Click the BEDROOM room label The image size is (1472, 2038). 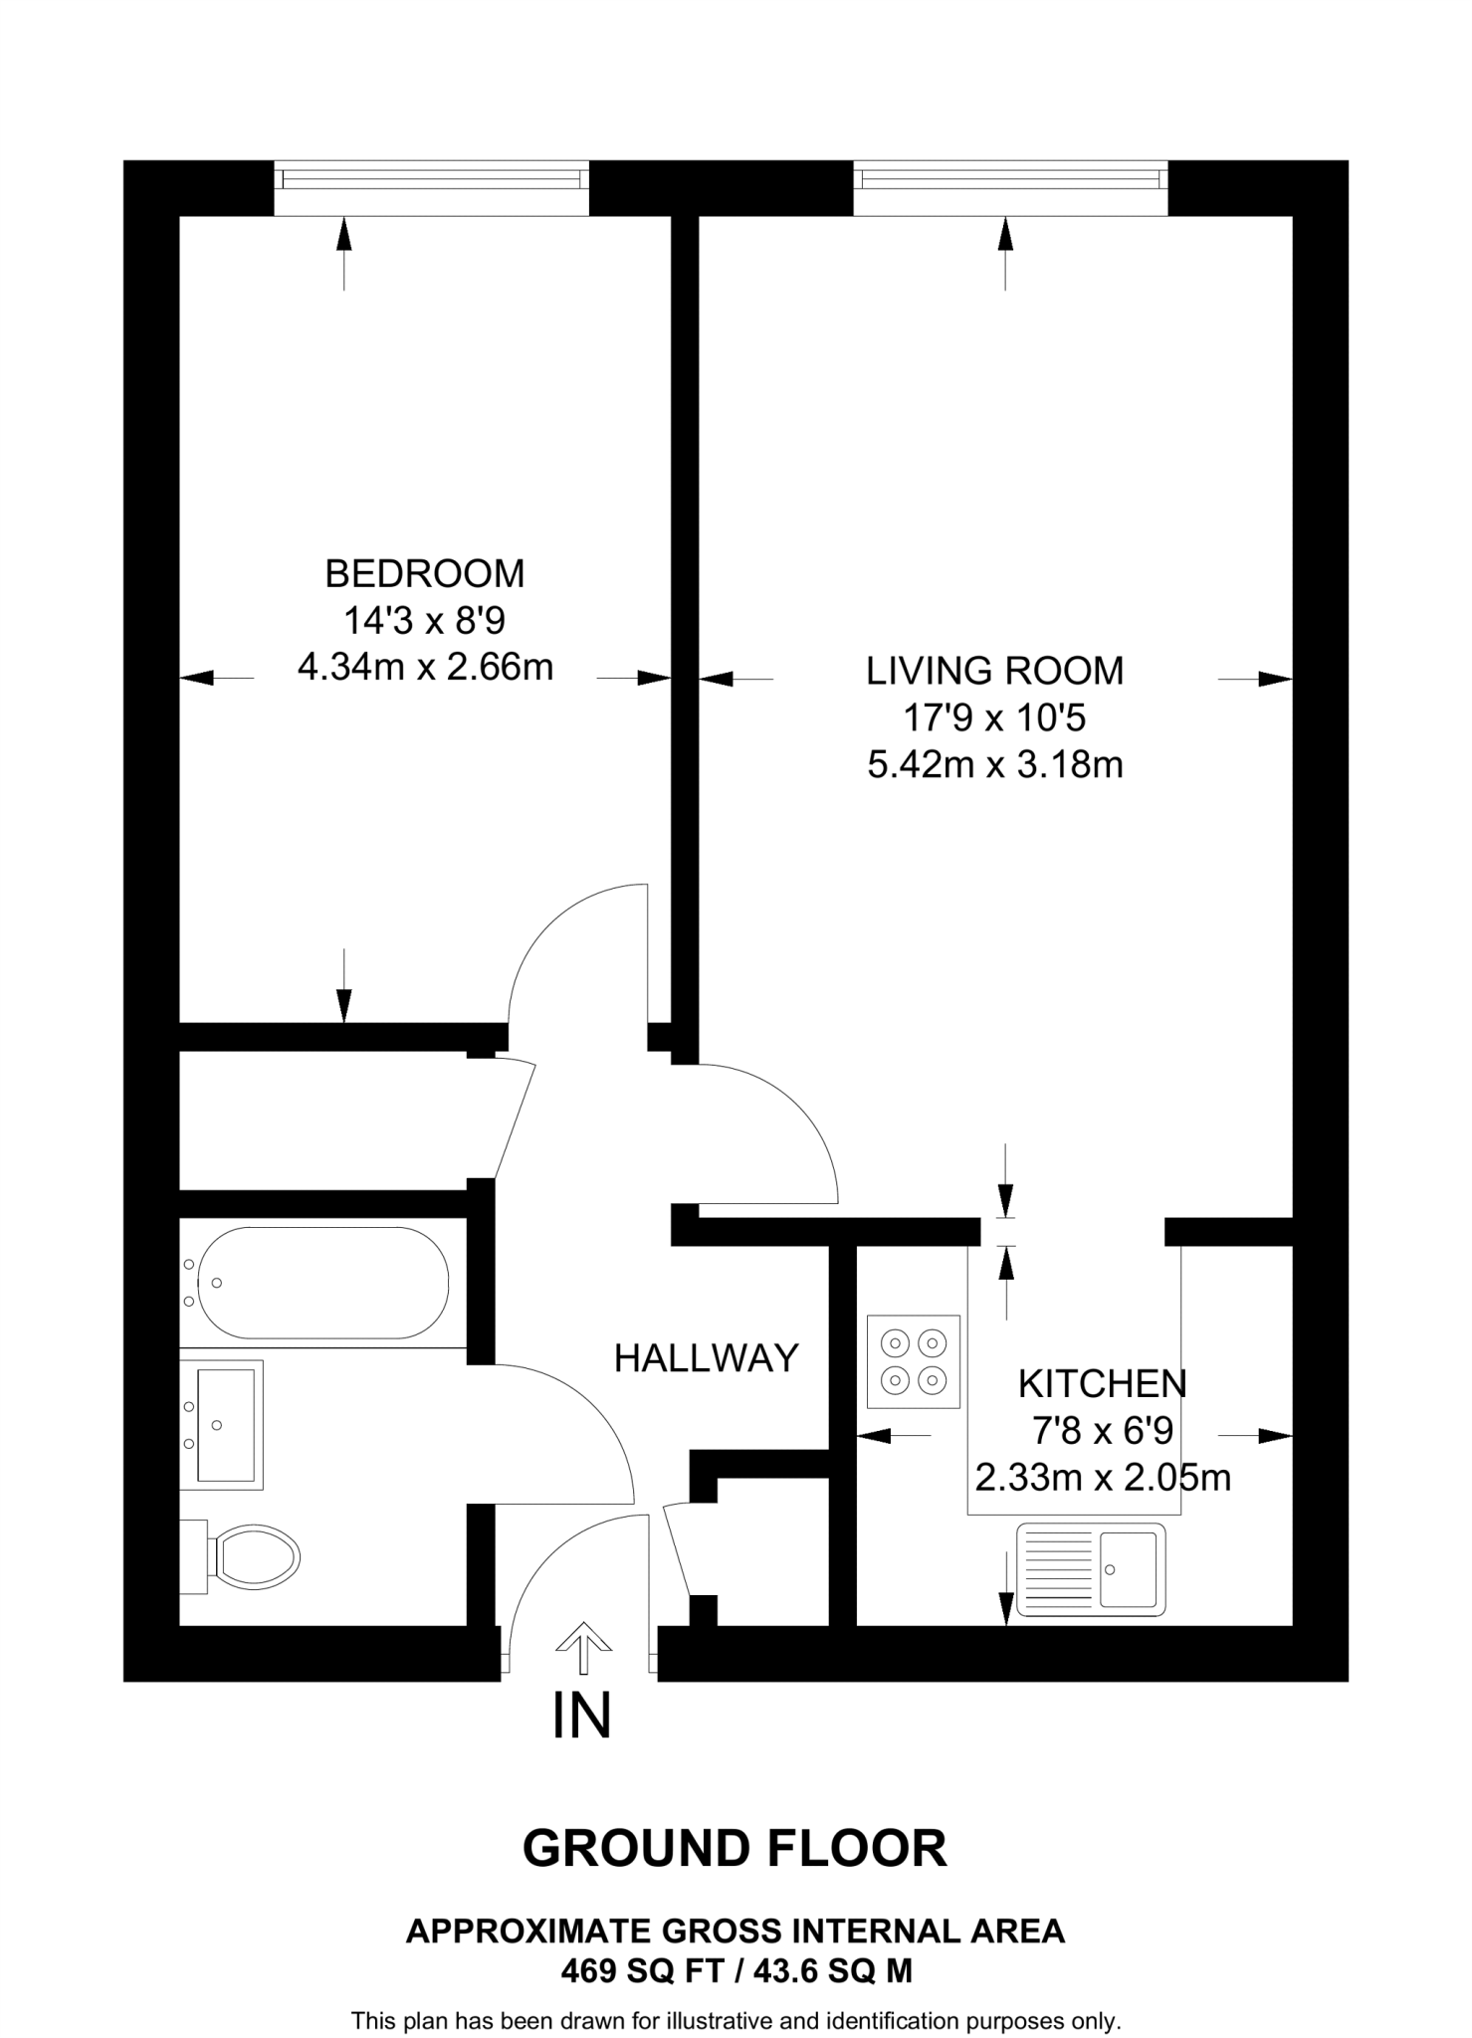pyautogui.click(x=425, y=574)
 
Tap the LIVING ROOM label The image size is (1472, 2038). pyautogui.click(x=994, y=672)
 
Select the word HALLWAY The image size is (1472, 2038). pyautogui.click(x=706, y=1358)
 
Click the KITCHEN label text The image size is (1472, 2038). pyautogui.click(x=1102, y=1384)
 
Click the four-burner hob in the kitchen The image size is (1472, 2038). pyautogui.click(x=914, y=1361)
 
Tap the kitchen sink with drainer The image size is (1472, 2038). pyautogui.click(x=1090, y=1569)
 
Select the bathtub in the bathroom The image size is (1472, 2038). pyautogui.click(x=322, y=1283)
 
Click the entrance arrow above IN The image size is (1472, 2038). pyautogui.click(x=582, y=1649)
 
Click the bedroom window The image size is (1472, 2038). pyautogui.click(x=431, y=180)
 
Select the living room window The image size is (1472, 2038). pyautogui.click(x=1010, y=180)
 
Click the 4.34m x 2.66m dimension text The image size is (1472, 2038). pyautogui.click(x=425, y=667)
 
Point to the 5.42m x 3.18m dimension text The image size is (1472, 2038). pyautogui.click(x=994, y=765)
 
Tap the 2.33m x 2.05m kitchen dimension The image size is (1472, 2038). pyautogui.click(x=1102, y=1478)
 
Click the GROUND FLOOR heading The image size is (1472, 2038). pyautogui.click(x=735, y=1849)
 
